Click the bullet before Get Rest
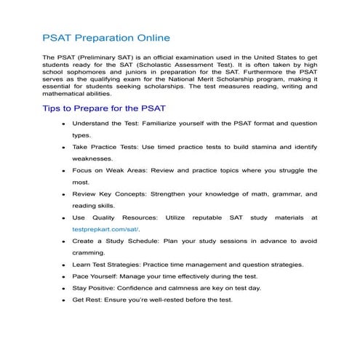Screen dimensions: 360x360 (64, 300)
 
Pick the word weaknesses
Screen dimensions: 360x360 (93, 159)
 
